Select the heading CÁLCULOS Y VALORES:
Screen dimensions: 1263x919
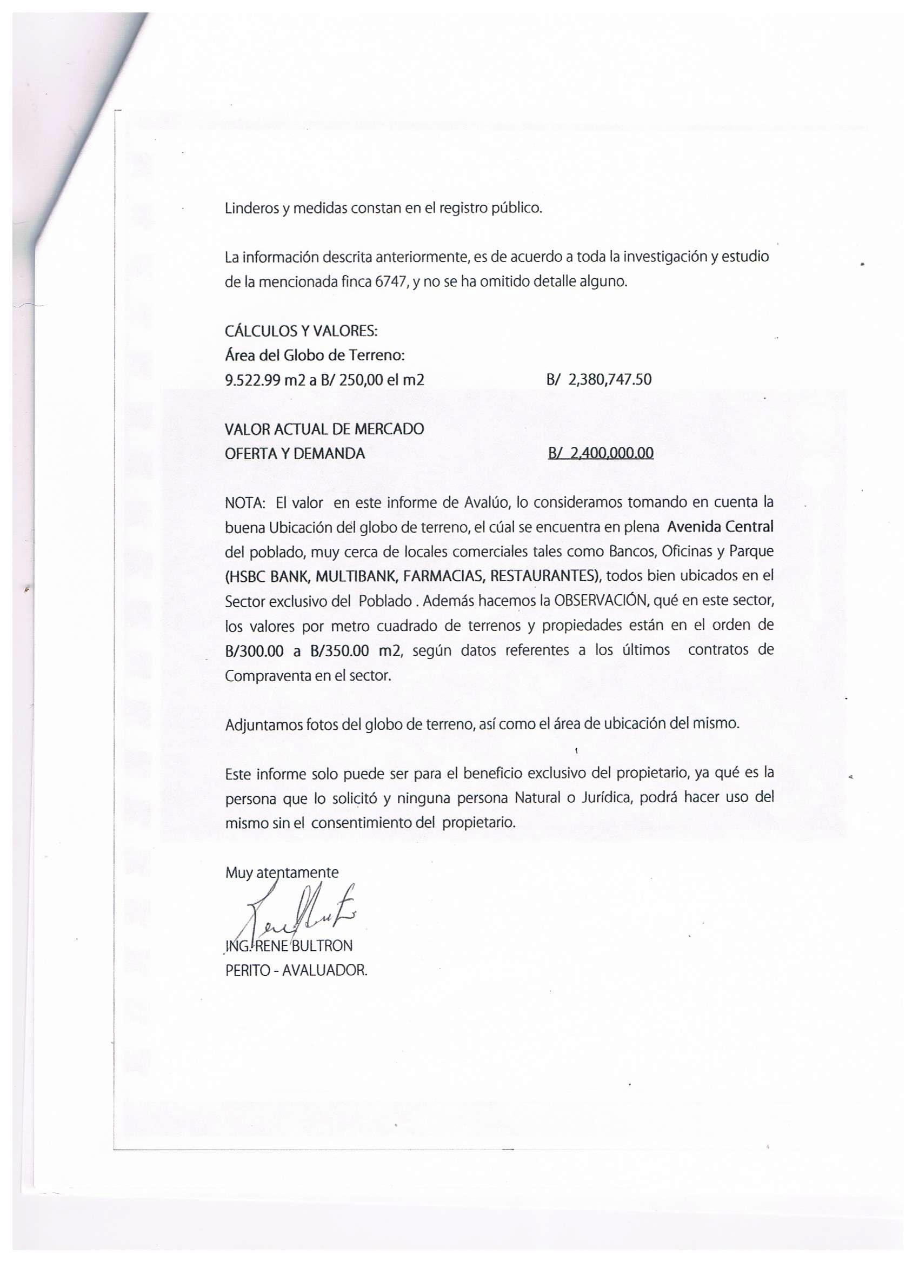(x=301, y=331)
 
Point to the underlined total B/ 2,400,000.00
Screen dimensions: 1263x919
(x=600, y=453)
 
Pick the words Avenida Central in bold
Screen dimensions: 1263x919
(x=720, y=526)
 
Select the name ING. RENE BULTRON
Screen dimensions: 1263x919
(x=289, y=945)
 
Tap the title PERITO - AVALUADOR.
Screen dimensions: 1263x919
(x=296, y=971)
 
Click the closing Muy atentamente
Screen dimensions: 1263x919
(x=282, y=872)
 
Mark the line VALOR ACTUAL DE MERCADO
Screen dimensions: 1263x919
(x=324, y=429)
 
